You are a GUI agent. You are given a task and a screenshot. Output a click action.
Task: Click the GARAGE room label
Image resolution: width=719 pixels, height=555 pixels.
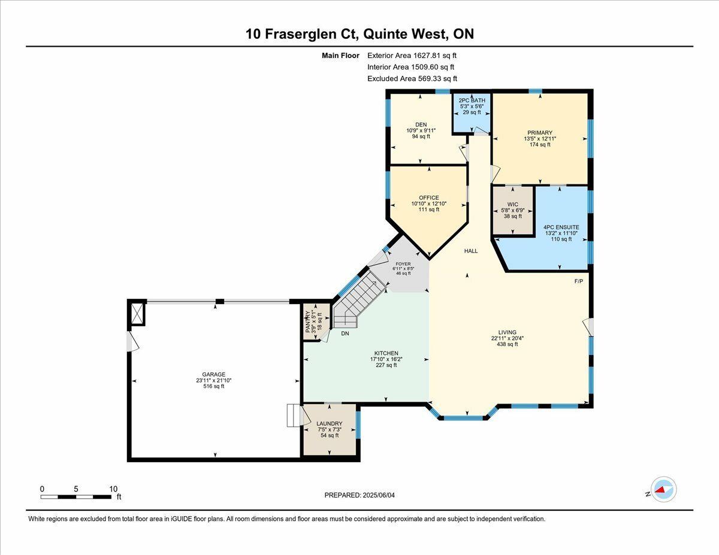(214, 374)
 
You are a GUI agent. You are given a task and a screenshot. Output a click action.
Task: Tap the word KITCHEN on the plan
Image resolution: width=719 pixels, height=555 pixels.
(386, 353)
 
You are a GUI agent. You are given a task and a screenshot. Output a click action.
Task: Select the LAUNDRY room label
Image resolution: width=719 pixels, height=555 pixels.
(329, 423)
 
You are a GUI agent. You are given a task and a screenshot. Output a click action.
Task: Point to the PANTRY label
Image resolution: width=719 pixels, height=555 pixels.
(308, 322)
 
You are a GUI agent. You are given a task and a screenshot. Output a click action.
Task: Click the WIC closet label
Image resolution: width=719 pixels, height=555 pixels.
(512, 204)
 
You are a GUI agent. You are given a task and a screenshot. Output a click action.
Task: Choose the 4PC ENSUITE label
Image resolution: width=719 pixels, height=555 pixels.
(561, 227)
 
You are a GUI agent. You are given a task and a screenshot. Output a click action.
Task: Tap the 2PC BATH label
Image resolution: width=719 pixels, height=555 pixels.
(472, 100)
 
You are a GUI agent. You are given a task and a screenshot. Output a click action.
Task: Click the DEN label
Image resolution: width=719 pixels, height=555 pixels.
(421, 125)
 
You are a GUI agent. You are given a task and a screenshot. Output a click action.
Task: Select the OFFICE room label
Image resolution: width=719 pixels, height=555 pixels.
(429, 198)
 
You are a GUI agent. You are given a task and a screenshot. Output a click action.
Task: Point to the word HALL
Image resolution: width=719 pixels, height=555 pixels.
(471, 251)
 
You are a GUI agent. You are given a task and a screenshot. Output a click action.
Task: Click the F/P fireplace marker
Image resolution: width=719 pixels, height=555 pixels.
(579, 281)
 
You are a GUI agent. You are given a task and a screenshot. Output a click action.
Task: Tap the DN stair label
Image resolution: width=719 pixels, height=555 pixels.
(345, 333)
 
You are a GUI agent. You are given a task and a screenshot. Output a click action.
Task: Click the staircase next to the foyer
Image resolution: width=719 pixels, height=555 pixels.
(359, 300)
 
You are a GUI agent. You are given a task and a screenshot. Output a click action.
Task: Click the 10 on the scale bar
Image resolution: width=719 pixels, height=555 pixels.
(113, 489)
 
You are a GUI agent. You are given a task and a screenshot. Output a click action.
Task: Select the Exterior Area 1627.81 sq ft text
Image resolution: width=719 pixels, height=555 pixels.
(412, 56)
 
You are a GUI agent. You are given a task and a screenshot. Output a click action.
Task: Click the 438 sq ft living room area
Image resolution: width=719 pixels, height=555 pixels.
(507, 344)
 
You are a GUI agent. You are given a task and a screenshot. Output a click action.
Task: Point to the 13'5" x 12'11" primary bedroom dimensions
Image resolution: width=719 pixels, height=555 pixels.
(540, 138)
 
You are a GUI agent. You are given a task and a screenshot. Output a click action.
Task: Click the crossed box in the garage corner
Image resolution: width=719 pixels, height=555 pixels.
(137, 314)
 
